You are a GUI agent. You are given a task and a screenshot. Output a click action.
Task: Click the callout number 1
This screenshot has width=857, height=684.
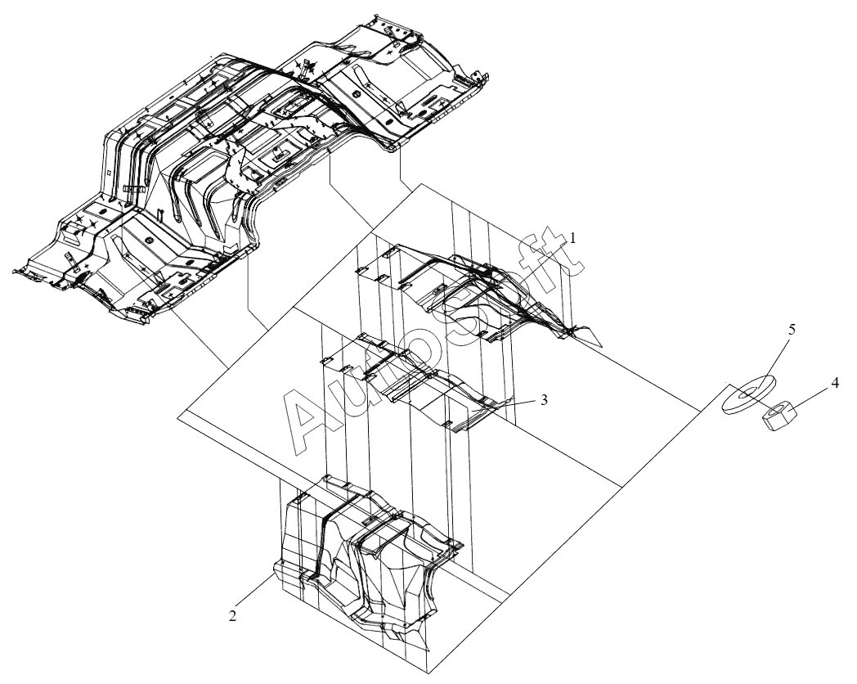pos(572,238)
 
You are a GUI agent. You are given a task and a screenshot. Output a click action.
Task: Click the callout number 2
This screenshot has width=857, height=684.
pos(233,615)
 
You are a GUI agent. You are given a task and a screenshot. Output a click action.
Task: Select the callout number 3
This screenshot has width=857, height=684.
pos(544,400)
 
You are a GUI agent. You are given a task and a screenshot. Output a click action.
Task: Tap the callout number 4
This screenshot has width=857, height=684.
pos(834,383)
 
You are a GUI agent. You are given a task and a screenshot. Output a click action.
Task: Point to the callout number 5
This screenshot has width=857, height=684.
pos(792,329)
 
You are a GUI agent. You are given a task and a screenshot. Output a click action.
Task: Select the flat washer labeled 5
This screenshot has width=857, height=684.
pos(748,394)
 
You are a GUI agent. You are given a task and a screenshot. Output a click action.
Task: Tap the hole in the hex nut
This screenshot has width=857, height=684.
pos(776,412)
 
